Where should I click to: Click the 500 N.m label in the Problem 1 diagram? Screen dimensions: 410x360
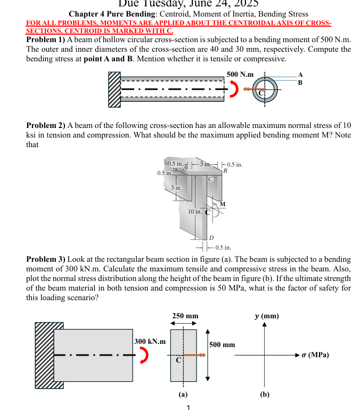coord(240,74)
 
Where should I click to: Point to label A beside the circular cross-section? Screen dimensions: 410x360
coord(300,74)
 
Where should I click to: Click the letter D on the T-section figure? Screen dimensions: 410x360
coord(211,237)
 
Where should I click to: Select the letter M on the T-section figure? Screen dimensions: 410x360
coord(222,204)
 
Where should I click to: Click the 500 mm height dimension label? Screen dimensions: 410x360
coord(222,345)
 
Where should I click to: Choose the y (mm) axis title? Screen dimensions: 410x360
coord(266,316)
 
